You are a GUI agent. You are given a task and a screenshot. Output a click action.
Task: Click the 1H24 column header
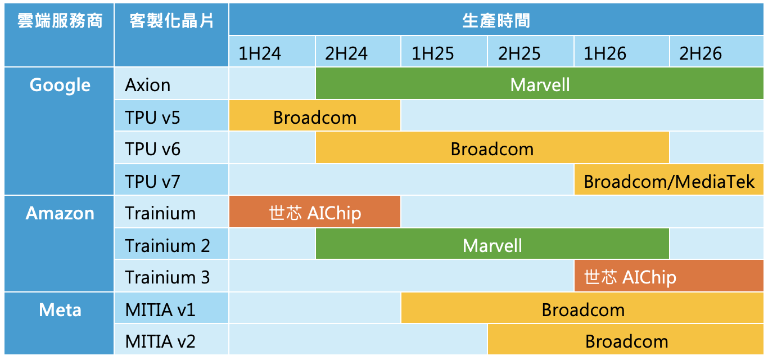(x=272, y=51)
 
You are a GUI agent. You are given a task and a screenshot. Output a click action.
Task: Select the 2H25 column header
(x=530, y=51)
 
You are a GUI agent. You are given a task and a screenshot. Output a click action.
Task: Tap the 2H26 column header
(x=717, y=51)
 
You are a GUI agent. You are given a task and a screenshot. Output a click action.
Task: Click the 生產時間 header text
(x=496, y=21)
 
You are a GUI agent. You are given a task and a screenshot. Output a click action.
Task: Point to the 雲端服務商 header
(x=60, y=21)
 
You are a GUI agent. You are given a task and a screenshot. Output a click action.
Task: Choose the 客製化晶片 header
(x=171, y=21)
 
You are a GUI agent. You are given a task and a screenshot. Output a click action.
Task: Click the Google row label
(x=60, y=85)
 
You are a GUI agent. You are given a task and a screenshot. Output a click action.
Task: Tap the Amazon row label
(x=60, y=213)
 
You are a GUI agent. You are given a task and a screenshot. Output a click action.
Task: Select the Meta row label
(x=60, y=310)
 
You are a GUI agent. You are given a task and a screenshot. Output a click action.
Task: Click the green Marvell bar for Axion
(x=540, y=83)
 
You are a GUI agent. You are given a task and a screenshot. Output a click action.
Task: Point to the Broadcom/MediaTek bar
(x=669, y=179)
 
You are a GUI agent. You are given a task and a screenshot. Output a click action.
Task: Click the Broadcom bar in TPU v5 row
(x=315, y=116)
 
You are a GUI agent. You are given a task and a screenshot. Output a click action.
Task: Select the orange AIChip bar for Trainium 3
(x=669, y=276)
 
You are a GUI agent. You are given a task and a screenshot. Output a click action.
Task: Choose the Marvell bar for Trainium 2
(x=493, y=244)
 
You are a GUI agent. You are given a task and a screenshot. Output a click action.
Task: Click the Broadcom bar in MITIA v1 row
(x=582, y=308)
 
